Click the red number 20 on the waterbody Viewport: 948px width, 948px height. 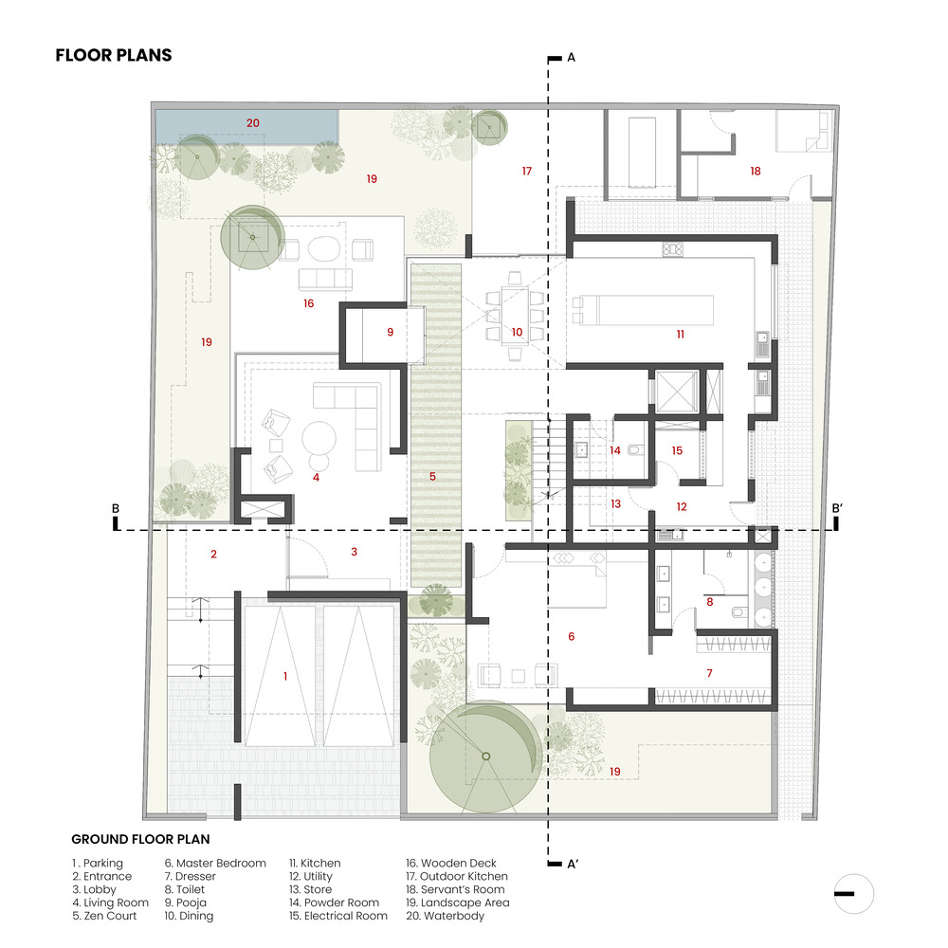pyautogui.click(x=253, y=123)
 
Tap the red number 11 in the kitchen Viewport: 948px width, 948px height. pyautogui.click(x=680, y=335)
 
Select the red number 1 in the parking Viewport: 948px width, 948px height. pyautogui.click(x=285, y=677)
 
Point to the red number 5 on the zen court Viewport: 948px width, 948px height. pyautogui.click(x=433, y=477)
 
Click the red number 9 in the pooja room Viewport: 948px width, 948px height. pyautogui.click(x=391, y=332)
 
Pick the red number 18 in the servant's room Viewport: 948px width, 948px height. pyautogui.click(x=756, y=171)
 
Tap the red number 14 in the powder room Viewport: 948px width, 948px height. pyautogui.click(x=615, y=450)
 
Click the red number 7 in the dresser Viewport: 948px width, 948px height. pyautogui.click(x=710, y=673)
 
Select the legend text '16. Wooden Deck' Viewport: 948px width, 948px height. pyautogui.click(x=451, y=864)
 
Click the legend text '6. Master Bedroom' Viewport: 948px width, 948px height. pyautogui.click(x=215, y=864)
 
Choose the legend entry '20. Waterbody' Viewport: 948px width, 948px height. pyautogui.click(x=445, y=916)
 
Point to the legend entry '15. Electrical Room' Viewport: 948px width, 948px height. pyautogui.click(x=338, y=916)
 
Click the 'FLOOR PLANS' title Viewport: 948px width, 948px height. pyautogui.click(x=114, y=55)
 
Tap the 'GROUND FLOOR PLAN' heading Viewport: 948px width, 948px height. pyautogui.click(x=140, y=839)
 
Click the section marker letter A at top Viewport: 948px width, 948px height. pyautogui.click(x=572, y=58)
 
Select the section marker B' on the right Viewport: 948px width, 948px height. pyautogui.click(x=837, y=508)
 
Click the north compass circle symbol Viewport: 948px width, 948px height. pyautogui.click(x=854, y=894)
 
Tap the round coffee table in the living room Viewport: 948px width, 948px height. pyautogui.click(x=319, y=438)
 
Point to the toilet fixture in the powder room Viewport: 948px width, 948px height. pyautogui.click(x=635, y=450)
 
